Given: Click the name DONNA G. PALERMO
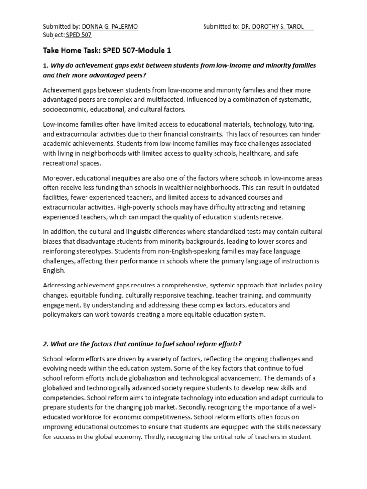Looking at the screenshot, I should tap(109, 27).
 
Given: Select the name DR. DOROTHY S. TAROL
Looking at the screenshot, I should tap(272, 27).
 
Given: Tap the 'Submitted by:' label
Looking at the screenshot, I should tap(62, 27).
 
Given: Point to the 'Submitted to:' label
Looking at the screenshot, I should tap(221, 27).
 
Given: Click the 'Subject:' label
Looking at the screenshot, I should tap(54, 35).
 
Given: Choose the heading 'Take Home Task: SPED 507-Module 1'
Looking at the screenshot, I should tap(107, 50).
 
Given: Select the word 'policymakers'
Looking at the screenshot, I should tap(63, 314).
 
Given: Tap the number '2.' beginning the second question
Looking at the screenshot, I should tap(46, 344).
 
